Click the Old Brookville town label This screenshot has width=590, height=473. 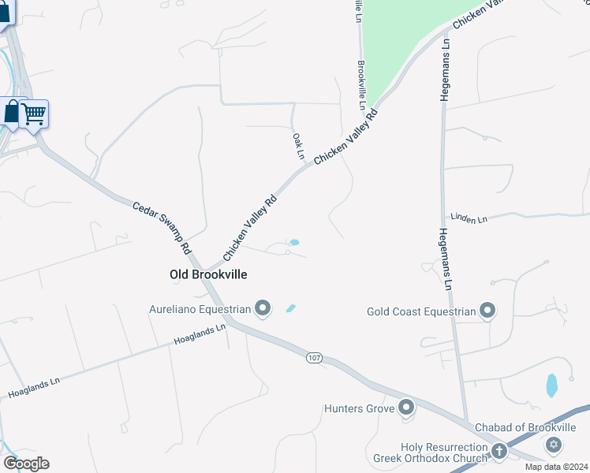(208, 274)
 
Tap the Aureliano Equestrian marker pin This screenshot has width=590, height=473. (263, 309)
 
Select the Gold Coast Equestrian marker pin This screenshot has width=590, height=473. (488, 311)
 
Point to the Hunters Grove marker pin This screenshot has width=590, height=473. (406, 408)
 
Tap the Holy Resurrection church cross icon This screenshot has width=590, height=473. (499, 451)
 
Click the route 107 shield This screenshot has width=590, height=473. (315, 358)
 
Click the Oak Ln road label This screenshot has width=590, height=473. (298, 147)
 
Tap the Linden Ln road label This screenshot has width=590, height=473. (469, 218)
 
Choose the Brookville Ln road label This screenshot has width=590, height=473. (362, 85)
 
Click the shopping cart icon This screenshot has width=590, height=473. (33, 114)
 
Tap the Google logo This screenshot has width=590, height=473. (26, 464)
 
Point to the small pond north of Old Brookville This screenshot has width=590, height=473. (295, 242)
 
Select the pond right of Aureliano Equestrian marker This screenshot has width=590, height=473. (290, 308)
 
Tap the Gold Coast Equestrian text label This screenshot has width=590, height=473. (421, 311)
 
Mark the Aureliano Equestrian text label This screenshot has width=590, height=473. (200, 310)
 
